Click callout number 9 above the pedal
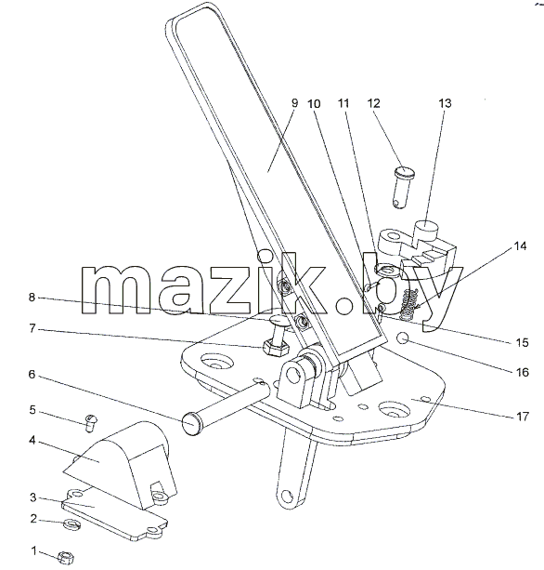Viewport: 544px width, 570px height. point(294,103)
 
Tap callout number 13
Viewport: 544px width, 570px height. point(445,103)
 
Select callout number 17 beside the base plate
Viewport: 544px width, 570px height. point(523,417)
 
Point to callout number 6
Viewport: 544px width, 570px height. point(32,374)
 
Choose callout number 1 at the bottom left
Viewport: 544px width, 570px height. point(33,551)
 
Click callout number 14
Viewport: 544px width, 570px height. point(520,246)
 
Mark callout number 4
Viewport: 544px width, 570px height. point(32,440)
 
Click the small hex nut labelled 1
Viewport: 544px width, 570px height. point(67,557)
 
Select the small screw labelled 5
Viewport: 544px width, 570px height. point(90,422)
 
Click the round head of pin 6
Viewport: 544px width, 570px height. point(191,423)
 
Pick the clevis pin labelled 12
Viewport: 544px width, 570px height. point(403,186)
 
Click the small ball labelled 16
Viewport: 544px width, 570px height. point(403,338)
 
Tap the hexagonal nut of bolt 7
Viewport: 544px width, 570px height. point(275,350)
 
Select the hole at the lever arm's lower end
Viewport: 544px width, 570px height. point(287,497)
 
